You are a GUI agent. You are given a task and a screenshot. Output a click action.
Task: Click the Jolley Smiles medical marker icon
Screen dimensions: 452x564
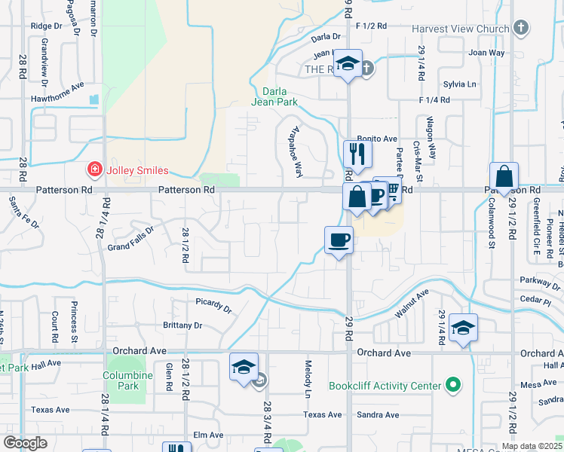[x=95, y=170]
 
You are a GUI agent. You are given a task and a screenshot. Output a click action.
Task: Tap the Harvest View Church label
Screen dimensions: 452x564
[x=461, y=29]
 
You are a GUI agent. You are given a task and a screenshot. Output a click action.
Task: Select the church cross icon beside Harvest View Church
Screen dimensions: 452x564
[x=520, y=29]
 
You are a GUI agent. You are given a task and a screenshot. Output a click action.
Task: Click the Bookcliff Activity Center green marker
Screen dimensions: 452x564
[x=453, y=386]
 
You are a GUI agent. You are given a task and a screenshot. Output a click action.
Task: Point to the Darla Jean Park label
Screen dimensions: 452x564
[x=274, y=96]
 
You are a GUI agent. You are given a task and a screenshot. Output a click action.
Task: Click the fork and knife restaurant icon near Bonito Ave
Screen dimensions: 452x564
[x=357, y=154]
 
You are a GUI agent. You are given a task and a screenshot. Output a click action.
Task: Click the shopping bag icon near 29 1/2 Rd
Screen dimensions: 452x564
[x=504, y=176]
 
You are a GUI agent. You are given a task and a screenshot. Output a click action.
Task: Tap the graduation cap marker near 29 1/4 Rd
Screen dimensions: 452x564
[x=463, y=328]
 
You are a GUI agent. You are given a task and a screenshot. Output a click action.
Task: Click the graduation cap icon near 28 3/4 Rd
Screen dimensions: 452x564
[x=244, y=367]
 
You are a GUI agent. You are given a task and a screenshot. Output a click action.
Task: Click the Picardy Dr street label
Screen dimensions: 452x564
[x=213, y=309]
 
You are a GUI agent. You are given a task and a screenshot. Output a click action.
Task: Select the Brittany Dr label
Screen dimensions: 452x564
[x=182, y=325]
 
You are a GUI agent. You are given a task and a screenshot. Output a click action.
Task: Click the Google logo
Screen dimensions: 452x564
[x=26, y=443]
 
